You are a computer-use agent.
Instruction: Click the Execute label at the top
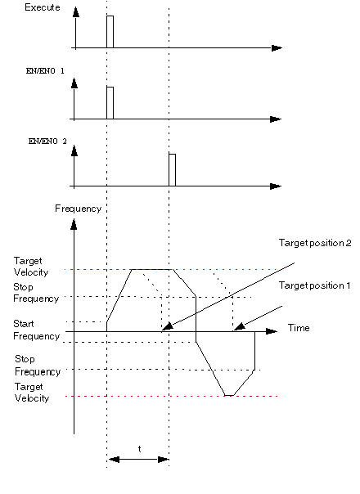(x=43, y=7)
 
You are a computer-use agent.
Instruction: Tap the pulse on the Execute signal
(x=110, y=32)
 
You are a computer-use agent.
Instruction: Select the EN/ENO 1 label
(x=45, y=70)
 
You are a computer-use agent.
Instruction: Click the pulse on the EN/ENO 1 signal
(x=110, y=103)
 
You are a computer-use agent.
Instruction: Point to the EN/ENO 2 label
(x=47, y=141)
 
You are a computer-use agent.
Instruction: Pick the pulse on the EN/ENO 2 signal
(x=172, y=170)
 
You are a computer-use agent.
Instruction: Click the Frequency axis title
(x=79, y=209)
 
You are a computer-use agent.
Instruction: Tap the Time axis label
(x=299, y=328)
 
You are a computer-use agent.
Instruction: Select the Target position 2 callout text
(x=315, y=243)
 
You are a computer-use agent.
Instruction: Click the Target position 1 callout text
(x=314, y=285)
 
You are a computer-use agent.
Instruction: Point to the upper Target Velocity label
(x=31, y=267)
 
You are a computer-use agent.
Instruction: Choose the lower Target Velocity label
(x=32, y=393)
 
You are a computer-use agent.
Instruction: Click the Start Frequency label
(x=36, y=330)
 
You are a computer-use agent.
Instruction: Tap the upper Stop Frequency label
(x=36, y=293)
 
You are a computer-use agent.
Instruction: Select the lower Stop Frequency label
(x=38, y=366)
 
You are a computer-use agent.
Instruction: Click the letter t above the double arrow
(x=139, y=449)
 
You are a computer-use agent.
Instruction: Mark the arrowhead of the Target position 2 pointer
(x=167, y=326)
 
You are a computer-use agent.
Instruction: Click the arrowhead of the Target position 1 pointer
(x=239, y=326)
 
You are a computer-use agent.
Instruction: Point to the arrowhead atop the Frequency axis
(x=74, y=225)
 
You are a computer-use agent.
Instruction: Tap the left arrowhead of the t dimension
(x=114, y=460)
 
